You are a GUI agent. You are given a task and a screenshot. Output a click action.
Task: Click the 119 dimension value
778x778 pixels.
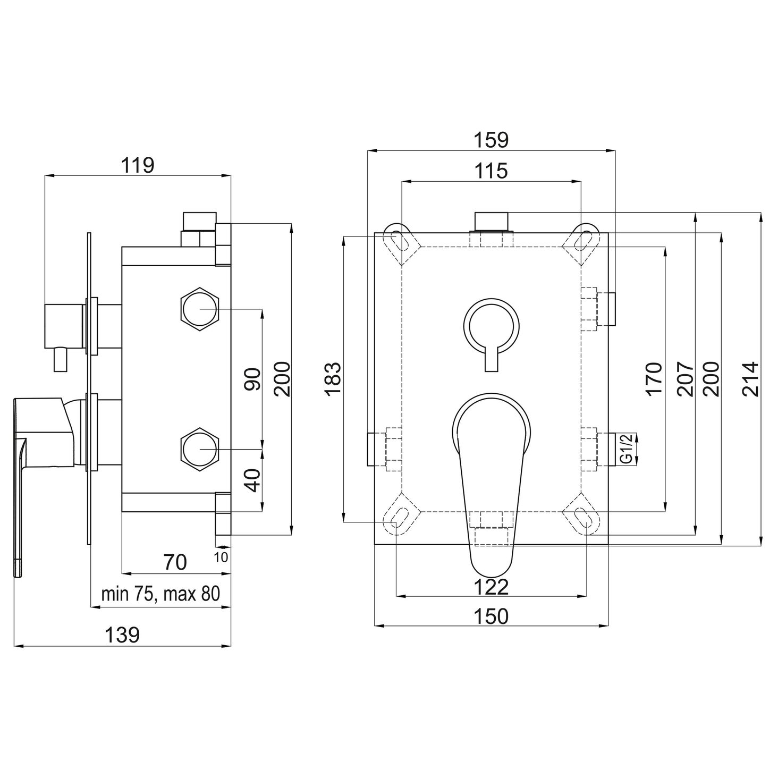138,165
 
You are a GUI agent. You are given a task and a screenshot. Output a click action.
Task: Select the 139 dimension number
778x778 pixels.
122,635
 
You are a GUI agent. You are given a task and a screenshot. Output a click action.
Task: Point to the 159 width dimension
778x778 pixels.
491,140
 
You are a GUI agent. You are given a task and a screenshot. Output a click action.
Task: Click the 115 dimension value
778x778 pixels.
491,171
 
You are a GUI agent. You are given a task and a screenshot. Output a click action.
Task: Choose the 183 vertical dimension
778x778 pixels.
334,379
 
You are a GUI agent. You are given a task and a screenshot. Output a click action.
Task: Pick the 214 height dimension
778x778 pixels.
750,379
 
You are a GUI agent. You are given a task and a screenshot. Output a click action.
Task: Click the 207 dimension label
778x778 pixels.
685,379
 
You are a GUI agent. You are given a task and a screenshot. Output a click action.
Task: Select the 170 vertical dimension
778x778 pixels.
654,379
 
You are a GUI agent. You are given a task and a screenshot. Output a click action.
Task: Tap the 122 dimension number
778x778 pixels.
491,587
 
